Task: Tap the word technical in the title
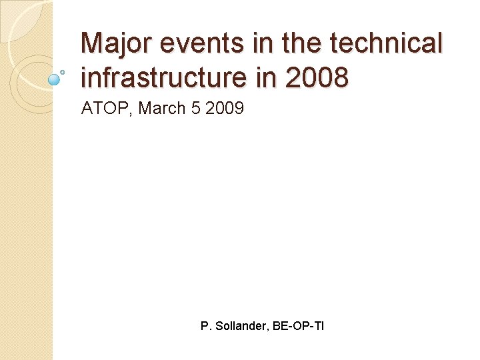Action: [x=385, y=44]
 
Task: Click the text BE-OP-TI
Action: [x=299, y=327]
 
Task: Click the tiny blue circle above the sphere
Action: [x=62, y=71]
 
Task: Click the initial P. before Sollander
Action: [x=205, y=327]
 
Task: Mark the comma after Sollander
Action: [x=270, y=330]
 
